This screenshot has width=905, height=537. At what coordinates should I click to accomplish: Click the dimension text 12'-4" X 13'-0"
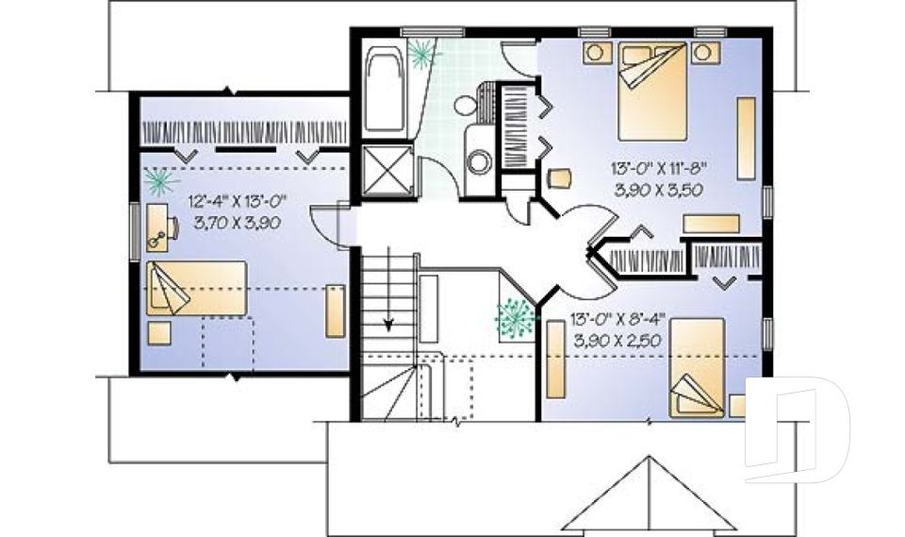point(237,201)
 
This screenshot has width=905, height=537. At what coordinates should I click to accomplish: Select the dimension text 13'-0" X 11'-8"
point(658,171)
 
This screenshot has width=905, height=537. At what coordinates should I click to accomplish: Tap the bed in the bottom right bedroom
point(698,368)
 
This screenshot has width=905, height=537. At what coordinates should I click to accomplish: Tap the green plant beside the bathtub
point(421,51)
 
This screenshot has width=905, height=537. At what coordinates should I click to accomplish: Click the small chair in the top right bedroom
point(559,179)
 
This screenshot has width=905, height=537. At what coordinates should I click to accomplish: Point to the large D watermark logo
point(797,429)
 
